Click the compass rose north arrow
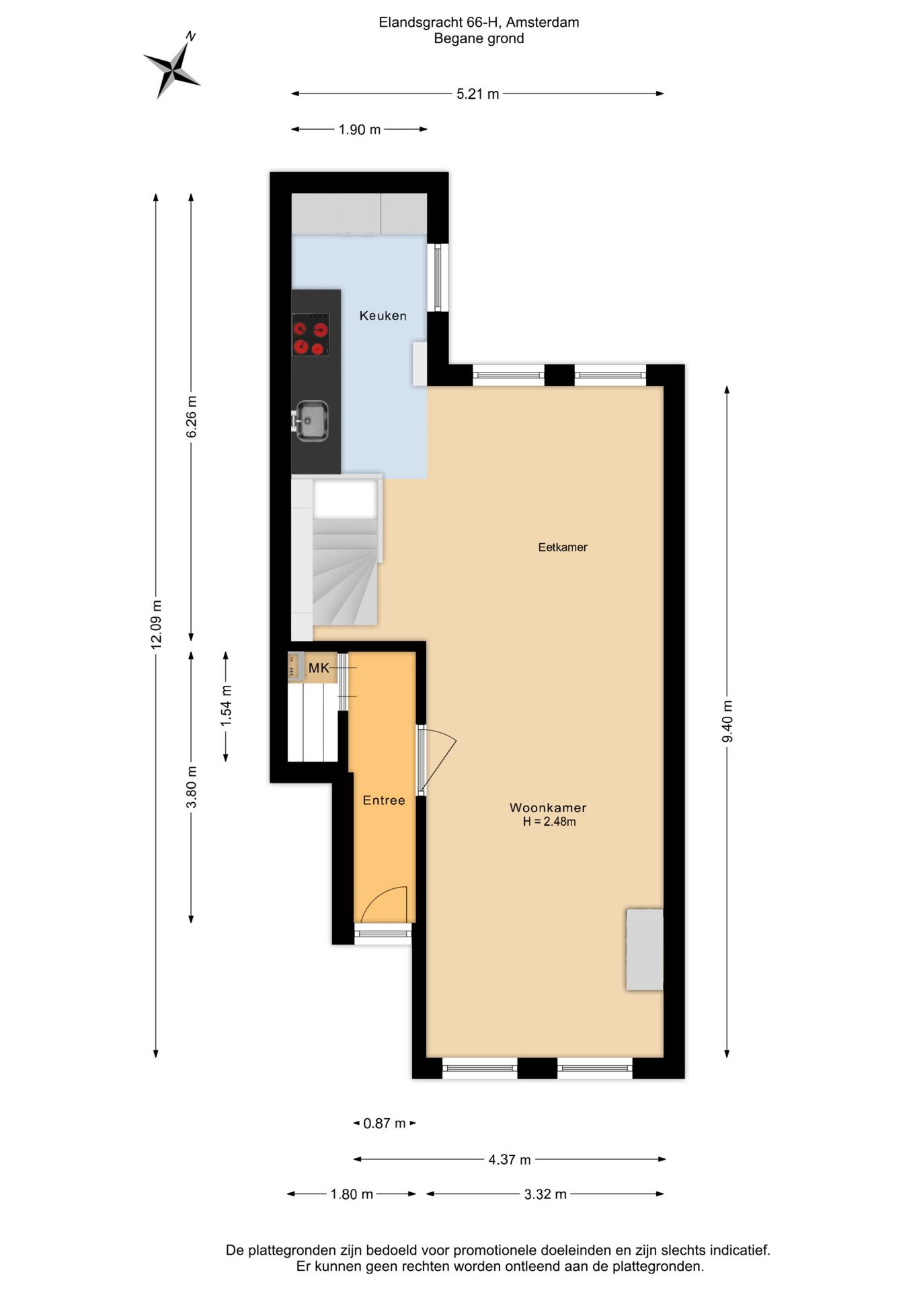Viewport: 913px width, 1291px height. click(x=172, y=67)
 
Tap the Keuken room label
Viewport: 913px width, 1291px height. click(x=383, y=315)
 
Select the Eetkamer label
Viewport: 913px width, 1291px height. click(x=562, y=547)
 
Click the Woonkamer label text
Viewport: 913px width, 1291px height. click(x=547, y=808)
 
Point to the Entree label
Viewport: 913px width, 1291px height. click(x=383, y=800)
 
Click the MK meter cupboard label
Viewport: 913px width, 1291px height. click(x=319, y=668)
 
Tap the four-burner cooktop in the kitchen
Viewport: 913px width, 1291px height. click(x=310, y=334)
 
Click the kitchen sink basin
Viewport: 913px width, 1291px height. click(x=312, y=421)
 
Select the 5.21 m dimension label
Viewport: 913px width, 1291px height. click(x=477, y=94)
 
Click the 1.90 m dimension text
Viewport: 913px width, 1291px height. click(x=359, y=130)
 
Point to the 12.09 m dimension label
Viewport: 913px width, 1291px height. click(x=156, y=624)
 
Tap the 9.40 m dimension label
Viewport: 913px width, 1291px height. click(x=727, y=721)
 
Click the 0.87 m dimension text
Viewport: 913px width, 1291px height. click(x=384, y=1123)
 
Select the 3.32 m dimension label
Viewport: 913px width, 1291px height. click(x=545, y=1194)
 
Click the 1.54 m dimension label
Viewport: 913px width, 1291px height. click(x=226, y=705)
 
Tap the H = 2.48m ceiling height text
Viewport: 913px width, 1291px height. click(x=549, y=822)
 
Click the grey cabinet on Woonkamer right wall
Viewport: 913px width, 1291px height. click(x=644, y=949)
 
